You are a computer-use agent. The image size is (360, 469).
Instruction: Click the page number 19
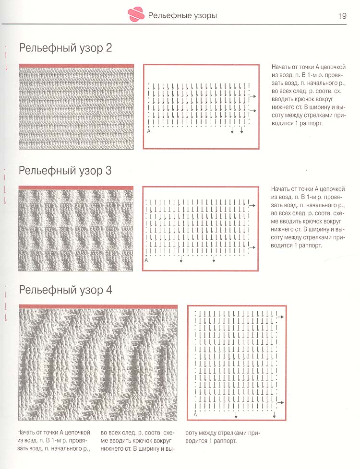[342, 16]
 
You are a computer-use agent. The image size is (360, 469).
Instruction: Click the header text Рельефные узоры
[182, 16]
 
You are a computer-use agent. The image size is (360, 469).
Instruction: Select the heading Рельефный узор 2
[65, 48]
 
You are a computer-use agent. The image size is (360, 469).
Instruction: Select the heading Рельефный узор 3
[65, 170]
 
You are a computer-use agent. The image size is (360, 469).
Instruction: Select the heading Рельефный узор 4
[65, 290]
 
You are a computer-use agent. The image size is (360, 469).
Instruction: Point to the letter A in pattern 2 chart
[149, 131]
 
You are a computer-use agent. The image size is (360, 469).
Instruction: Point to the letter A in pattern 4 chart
[195, 413]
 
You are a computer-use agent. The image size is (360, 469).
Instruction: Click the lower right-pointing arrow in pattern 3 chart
[252, 246]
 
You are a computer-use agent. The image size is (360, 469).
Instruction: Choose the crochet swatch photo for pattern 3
[75, 229]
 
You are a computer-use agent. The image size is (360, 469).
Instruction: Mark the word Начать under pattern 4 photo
[27, 432]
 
